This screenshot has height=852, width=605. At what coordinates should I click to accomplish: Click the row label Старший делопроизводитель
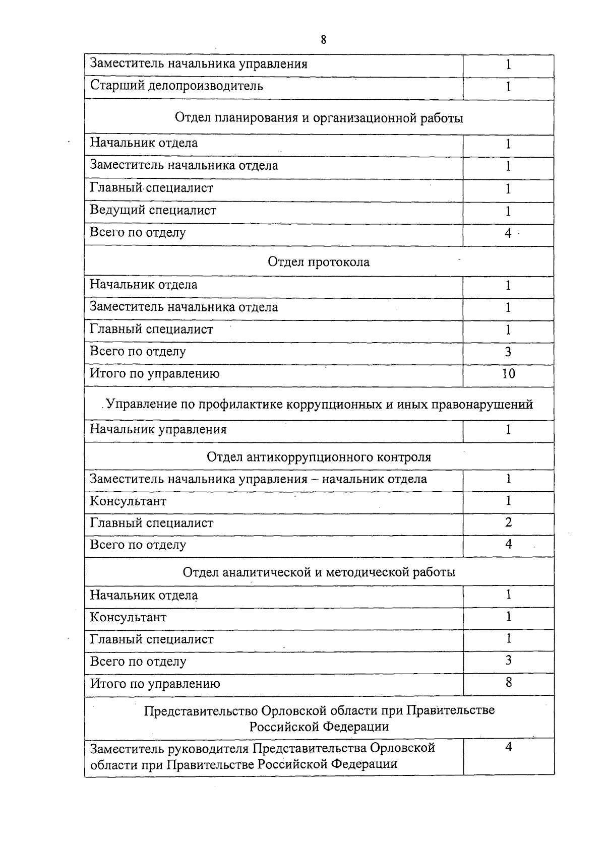point(176,86)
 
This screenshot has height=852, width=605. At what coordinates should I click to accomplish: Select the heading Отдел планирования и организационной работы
point(319,118)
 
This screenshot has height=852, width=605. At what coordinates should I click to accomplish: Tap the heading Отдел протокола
point(319,262)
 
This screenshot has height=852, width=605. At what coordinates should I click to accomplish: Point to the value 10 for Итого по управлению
point(508,373)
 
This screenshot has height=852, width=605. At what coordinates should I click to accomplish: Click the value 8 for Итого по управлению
point(508,683)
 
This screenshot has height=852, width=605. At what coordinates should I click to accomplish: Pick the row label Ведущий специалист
point(153,210)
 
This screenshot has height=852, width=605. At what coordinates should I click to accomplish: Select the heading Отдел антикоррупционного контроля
point(319,457)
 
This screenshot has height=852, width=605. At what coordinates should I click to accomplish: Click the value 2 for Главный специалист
point(508,522)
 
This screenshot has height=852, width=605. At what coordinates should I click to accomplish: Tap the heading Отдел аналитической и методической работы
point(319,572)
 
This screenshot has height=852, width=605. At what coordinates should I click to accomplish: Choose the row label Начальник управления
point(158,429)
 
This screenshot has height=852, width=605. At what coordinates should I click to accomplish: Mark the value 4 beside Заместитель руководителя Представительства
point(508,747)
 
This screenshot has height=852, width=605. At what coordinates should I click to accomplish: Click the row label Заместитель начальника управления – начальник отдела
point(258,479)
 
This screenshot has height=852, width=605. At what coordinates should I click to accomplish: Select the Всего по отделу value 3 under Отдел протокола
point(508,352)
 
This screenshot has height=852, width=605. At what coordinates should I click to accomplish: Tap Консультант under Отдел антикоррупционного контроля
point(128,501)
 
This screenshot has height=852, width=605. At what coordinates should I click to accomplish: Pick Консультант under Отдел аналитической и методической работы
point(128,617)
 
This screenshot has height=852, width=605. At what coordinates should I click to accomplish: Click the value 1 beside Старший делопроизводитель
point(508,87)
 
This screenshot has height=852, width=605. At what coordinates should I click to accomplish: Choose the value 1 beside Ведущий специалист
point(508,211)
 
